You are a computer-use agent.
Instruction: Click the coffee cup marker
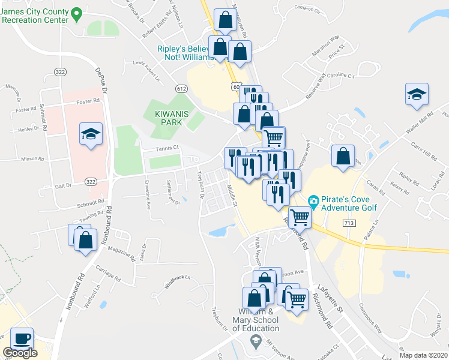point(22,338)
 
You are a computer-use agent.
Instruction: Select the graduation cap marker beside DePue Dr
point(91,134)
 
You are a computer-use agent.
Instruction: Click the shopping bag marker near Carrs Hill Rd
point(343,157)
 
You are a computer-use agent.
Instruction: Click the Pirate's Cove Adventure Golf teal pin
point(313,201)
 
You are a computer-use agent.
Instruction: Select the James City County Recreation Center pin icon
point(76,13)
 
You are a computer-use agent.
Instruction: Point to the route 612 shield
point(181,89)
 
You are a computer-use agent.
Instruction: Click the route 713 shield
point(349,223)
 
